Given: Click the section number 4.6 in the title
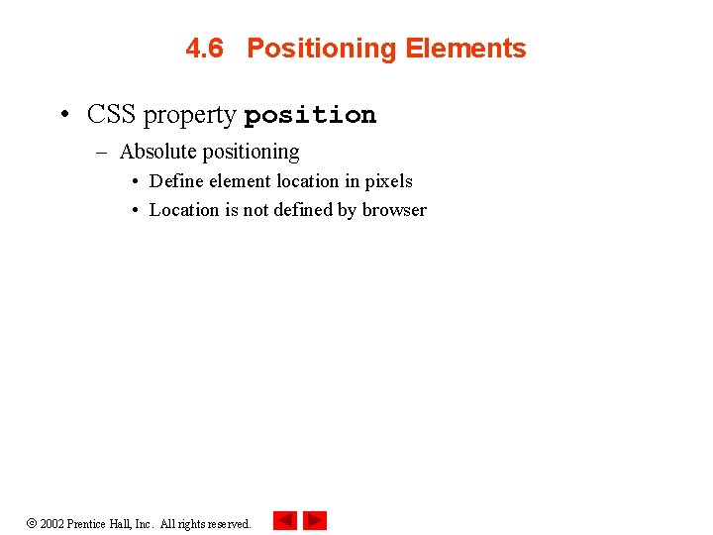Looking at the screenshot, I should (204, 49).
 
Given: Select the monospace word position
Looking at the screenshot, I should (310, 116).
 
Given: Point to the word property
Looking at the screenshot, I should (189, 116).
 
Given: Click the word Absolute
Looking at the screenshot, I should (157, 152).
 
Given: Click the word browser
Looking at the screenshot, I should (394, 210).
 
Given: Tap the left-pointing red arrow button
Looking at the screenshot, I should (285, 520).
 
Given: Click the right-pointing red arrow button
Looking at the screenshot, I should (315, 520).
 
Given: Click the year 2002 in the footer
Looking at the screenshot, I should (51, 524).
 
